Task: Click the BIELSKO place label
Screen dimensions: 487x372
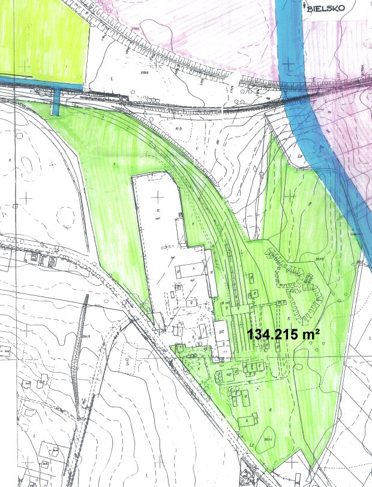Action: pos(322,8)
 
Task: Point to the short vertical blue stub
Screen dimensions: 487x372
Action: pos(56,101)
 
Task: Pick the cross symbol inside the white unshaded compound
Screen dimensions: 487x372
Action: pos(158,195)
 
